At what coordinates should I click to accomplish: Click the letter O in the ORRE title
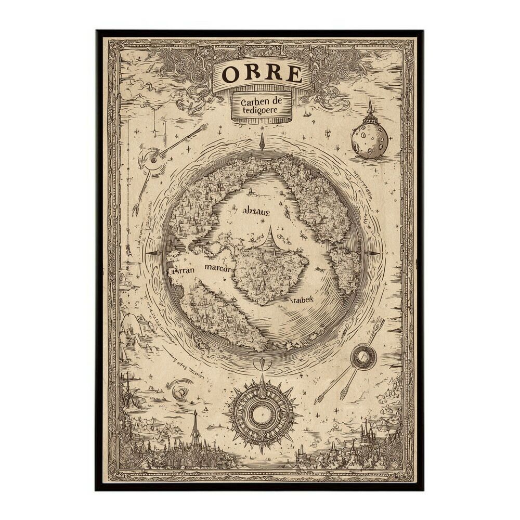click(x=230, y=74)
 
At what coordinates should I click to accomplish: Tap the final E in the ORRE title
click(x=294, y=75)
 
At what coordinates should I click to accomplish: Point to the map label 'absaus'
click(x=256, y=211)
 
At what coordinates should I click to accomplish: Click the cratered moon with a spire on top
click(x=369, y=139)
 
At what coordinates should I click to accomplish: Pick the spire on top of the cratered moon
click(x=370, y=109)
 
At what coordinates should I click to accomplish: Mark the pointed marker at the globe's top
click(x=262, y=141)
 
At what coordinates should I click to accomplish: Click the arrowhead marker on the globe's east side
click(x=372, y=253)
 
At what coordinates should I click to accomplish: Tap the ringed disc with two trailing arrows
click(x=363, y=357)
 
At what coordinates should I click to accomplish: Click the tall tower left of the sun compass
click(x=195, y=426)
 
